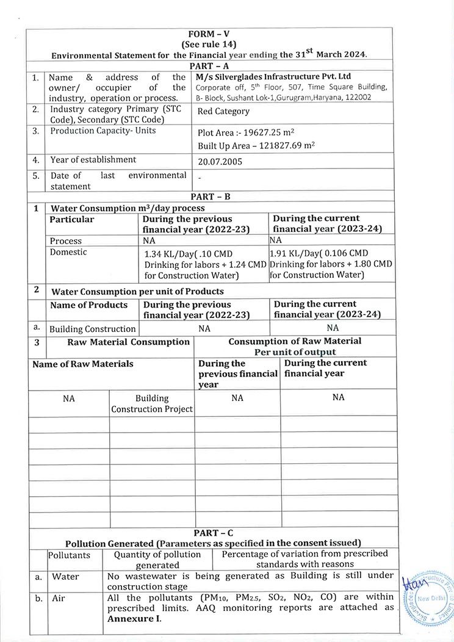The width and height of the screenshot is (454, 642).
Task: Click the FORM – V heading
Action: coord(209,34)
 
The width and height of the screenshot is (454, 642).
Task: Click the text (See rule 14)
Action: coord(209,45)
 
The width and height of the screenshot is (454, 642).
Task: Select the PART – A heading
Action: coord(209,65)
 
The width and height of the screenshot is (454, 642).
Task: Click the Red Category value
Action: coord(223,111)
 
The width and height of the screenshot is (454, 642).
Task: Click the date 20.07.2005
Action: coord(220,162)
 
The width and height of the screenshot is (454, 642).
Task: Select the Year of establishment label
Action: coord(93,160)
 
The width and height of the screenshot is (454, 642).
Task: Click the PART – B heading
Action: coord(209,197)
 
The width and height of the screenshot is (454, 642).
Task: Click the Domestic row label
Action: coord(68,252)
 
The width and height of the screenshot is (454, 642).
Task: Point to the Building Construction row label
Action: coord(92,329)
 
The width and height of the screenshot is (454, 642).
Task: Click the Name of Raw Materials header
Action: coord(82,364)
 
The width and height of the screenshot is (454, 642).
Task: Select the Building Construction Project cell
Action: coord(152,403)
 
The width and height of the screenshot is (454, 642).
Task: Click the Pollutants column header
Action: coord(69,555)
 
